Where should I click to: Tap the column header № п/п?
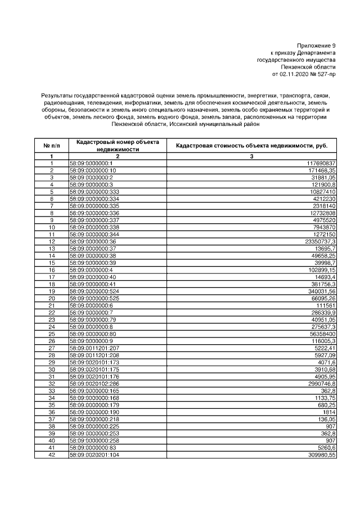click(51, 146)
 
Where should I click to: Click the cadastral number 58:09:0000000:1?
click(91, 163)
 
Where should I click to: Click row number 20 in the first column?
click(51, 298)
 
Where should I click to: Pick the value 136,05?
click(327, 419)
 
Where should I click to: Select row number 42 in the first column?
click(51, 454)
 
